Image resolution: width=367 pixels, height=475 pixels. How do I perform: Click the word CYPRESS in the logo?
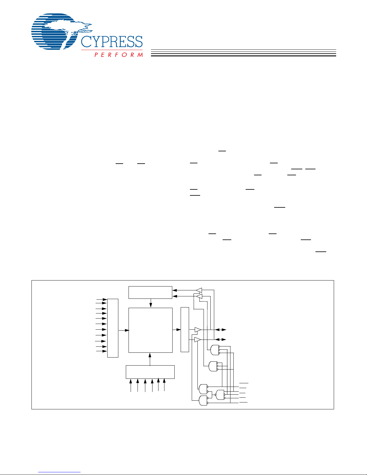[112, 42]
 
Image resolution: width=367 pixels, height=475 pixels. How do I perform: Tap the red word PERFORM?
[119, 55]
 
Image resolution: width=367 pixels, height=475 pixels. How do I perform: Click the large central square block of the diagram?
[150, 330]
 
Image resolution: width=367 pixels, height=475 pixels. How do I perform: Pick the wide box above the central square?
[150, 292]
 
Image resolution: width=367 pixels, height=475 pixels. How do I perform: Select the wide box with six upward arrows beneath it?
[150, 372]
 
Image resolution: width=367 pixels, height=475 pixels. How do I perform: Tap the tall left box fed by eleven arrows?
[113, 328]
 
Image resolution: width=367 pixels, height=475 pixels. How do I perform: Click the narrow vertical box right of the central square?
[185, 329]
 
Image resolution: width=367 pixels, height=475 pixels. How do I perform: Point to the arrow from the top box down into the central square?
[151, 303]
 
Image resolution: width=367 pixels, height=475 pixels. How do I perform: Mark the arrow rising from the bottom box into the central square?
[150, 359]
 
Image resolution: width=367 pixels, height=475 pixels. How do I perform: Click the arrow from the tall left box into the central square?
[123, 330]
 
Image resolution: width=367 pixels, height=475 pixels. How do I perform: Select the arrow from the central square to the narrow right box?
[177, 330]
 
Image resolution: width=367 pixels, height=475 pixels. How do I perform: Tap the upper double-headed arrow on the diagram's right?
[222, 330]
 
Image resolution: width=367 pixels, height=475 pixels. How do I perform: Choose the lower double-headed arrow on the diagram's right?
[222, 339]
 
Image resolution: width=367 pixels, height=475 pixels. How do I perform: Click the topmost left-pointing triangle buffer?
[199, 290]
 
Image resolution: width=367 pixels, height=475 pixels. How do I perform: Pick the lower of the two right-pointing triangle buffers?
[197, 340]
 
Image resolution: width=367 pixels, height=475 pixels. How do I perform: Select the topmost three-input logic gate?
[215, 350]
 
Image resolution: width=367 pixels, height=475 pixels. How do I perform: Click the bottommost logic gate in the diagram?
[203, 401]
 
